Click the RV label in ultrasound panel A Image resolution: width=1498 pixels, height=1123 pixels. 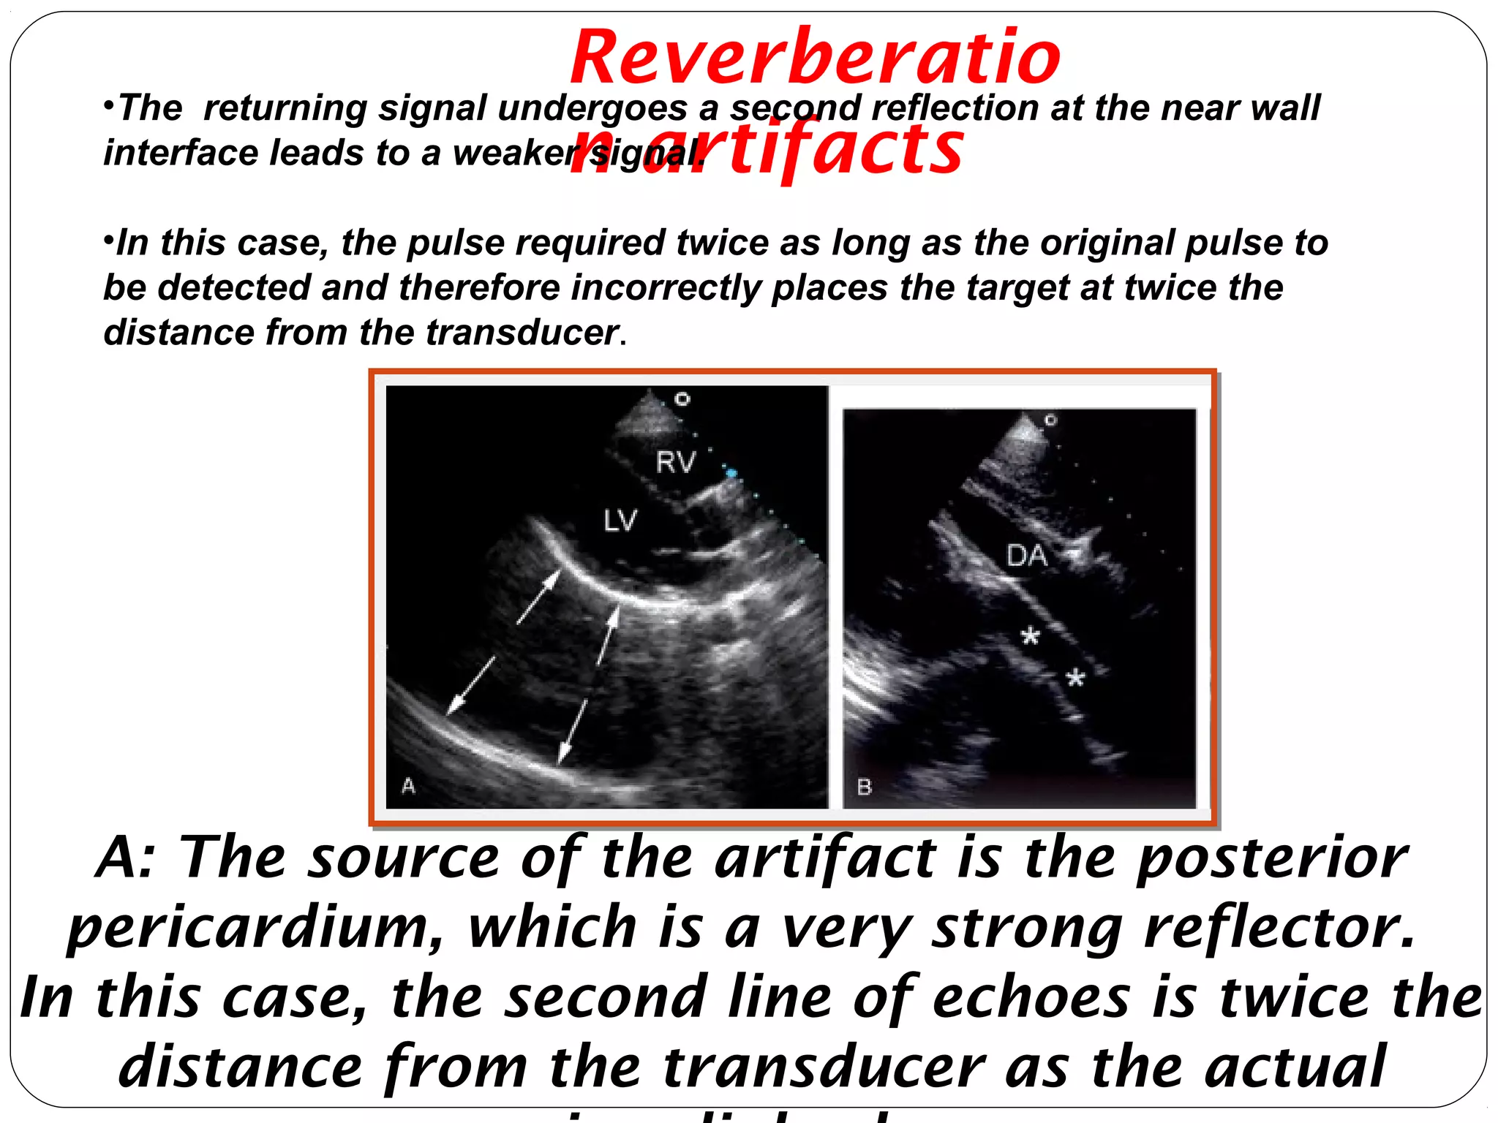click(x=675, y=462)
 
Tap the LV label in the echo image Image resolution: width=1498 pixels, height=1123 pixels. click(x=620, y=521)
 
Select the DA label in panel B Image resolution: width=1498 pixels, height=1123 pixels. click(x=1026, y=556)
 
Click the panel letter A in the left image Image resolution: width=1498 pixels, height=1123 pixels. click(x=408, y=786)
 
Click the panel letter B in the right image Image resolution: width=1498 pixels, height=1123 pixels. click(x=864, y=787)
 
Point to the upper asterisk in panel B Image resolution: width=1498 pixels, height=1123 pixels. click(x=1030, y=636)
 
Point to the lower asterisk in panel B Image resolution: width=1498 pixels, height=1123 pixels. click(x=1074, y=678)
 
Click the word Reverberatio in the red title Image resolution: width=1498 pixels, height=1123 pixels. click(x=815, y=57)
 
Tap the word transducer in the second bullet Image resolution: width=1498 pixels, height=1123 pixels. click(x=522, y=333)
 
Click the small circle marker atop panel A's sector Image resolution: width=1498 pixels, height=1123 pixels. click(x=682, y=398)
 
